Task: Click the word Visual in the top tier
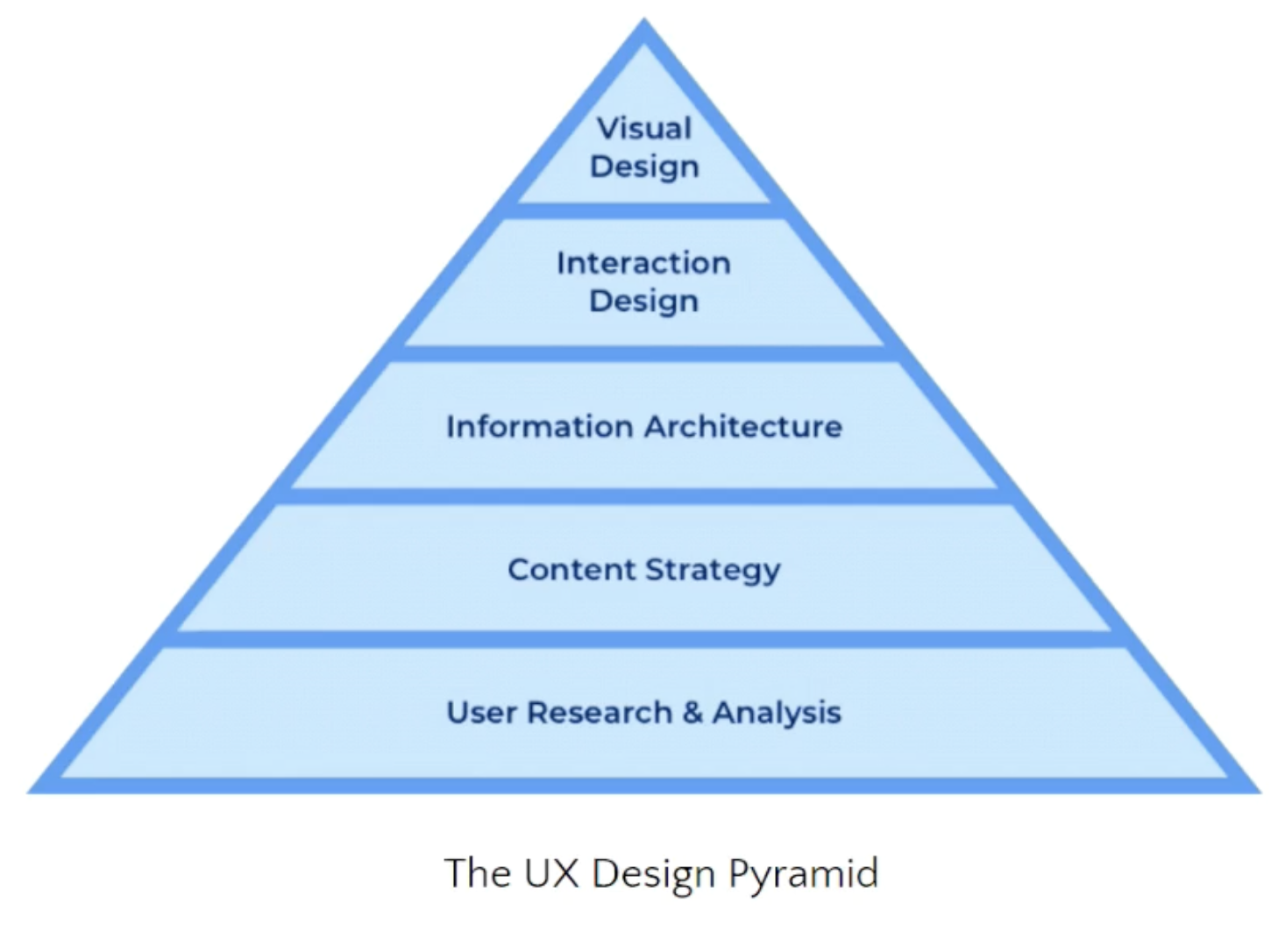point(644,129)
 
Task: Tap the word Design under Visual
point(644,167)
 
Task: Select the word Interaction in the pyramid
point(643,263)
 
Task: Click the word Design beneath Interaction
point(643,302)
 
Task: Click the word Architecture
point(743,427)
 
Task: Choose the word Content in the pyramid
point(572,570)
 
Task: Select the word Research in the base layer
point(599,713)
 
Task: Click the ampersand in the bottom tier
point(692,713)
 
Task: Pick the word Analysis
point(777,714)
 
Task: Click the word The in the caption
point(477,873)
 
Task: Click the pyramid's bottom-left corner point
point(31,791)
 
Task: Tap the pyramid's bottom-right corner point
point(1259,791)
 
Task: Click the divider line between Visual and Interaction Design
point(644,211)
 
